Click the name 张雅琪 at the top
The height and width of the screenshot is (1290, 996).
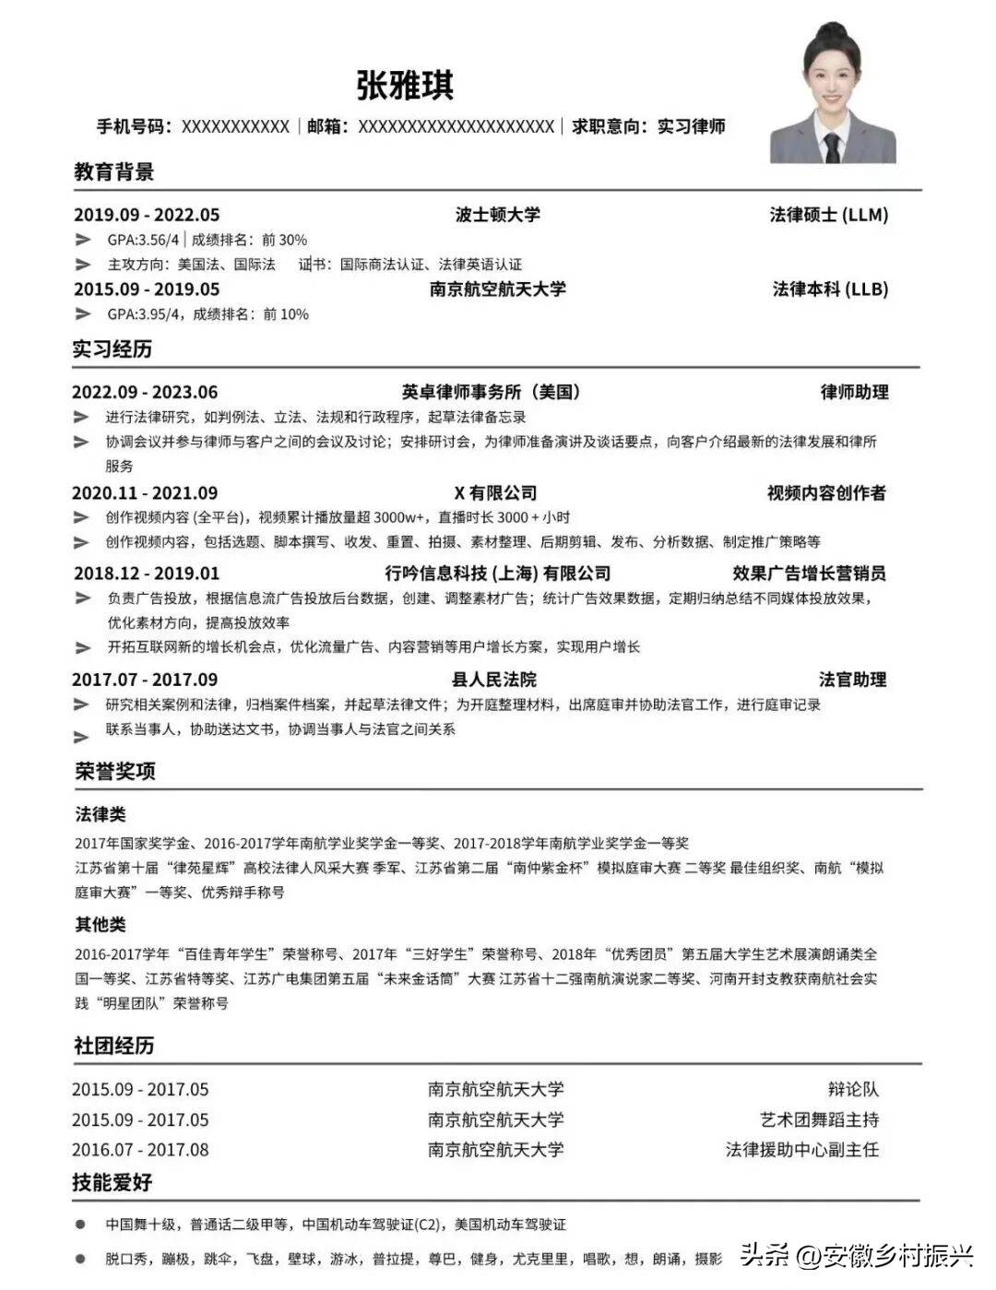(x=405, y=86)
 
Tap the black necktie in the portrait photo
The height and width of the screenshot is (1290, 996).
(x=832, y=148)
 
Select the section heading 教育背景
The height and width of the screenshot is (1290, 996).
(x=113, y=172)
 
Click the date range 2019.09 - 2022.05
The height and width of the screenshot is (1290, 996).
(x=147, y=215)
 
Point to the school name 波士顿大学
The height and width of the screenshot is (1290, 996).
(x=497, y=215)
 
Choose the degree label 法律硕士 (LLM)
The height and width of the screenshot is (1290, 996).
(x=828, y=215)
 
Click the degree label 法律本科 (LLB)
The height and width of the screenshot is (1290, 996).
(x=830, y=290)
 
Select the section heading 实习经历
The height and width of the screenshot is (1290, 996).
(x=113, y=349)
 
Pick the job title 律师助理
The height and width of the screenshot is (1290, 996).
(x=854, y=392)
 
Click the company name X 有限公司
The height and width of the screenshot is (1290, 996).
(x=495, y=493)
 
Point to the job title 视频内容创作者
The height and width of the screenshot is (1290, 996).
(x=826, y=493)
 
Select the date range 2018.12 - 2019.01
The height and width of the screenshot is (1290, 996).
(x=147, y=574)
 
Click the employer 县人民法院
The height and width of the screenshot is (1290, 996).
(x=494, y=680)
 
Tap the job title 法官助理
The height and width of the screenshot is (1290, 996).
(x=852, y=680)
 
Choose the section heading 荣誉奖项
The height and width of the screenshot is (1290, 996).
(x=115, y=771)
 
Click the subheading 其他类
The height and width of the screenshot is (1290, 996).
(x=101, y=924)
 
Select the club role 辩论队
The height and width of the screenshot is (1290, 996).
(x=853, y=1090)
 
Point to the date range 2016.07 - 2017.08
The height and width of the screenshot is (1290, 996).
(x=140, y=1150)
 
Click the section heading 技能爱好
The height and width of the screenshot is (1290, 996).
(x=113, y=1182)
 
